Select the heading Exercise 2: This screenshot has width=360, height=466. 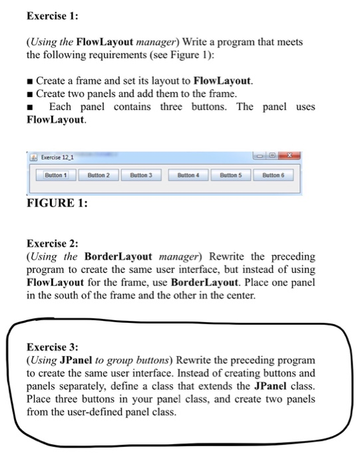[51, 244]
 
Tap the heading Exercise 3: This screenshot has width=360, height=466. [51, 347]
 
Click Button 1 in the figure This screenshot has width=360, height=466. [56, 175]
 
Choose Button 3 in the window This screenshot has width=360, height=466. [141, 175]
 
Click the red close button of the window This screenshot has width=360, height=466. [290, 154]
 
